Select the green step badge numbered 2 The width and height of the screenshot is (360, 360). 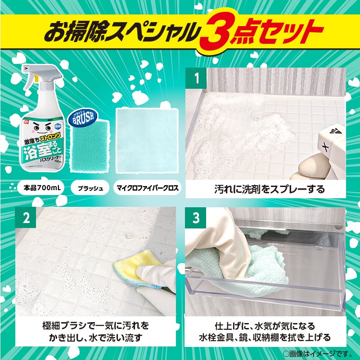pos(26,218)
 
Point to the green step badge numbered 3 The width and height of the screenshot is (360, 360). pos(196,218)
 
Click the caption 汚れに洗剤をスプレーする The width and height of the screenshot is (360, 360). pos(269,189)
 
